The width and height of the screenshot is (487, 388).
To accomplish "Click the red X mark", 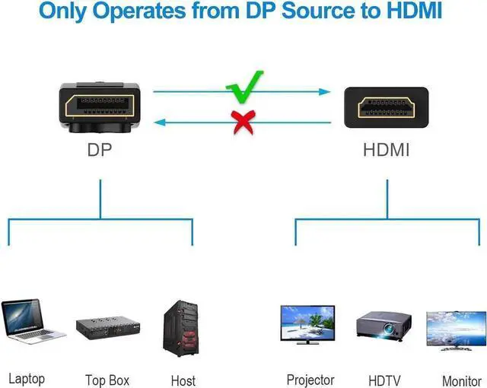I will coord(243,122).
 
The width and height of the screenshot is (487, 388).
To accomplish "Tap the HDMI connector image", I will coord(386,107).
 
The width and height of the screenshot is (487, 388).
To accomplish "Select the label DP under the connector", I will coord(100,150).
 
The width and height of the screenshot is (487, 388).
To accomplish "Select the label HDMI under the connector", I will coord(386,150).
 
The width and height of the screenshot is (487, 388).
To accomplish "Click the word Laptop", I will coord(27,378).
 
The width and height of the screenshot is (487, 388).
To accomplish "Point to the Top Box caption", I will coord(107,380).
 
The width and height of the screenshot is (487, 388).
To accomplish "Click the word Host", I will coord(183,380).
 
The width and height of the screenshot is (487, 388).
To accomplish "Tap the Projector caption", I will coord(310,379).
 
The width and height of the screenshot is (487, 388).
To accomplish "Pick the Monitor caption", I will coord(461,380).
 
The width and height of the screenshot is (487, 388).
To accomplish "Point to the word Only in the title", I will coord(65,12).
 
